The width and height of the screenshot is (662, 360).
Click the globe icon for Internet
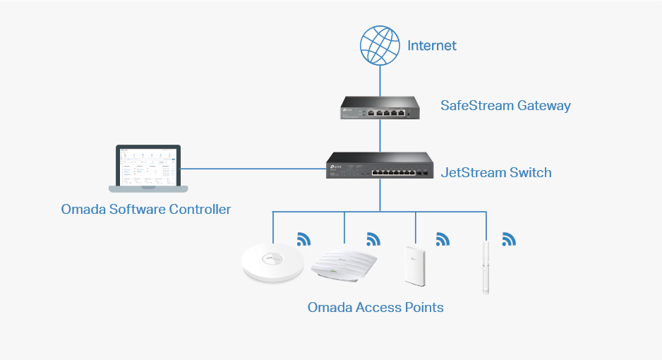[x=380, y=46]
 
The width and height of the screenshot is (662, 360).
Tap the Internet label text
[x=431, y=46]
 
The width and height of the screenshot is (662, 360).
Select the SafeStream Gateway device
[x=380, y=107]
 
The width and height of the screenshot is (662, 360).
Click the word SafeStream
[x=477, y=105]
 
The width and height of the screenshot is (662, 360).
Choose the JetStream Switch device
[x=380, y=165]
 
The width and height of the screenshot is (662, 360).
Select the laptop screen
[x=148, y=166]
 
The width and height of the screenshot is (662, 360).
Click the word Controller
[x=200, y=210]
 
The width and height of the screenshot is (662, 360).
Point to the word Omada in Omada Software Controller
[x=83, y=210]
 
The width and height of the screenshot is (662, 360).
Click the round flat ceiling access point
[x=272, y=263]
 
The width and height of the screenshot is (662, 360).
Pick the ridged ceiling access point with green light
[x=344, y=265]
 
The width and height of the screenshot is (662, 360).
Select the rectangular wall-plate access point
[x=414, y=266]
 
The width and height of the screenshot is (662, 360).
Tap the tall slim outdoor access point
[x=486, y=267]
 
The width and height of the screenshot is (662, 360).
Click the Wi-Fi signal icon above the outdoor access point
[x=509, y=239]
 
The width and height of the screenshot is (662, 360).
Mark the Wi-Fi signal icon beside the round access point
[x=304, y=239]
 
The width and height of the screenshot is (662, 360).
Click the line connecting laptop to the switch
[x=253, y=169]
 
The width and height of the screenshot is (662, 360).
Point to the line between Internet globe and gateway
[x=380, y=81]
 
